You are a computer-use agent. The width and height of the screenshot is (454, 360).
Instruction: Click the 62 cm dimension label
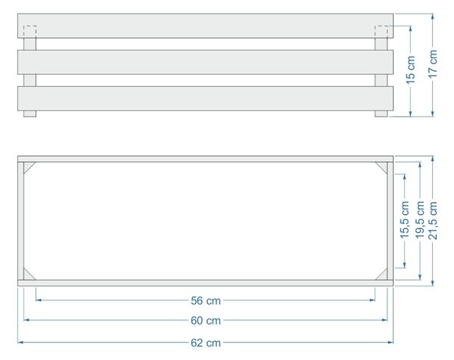point(206,343)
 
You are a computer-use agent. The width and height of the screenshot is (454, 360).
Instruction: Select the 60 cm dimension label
point(206,321)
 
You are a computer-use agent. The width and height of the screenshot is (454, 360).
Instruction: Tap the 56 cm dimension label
point(206,301)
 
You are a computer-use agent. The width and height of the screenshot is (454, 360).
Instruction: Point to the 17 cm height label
point(433,64)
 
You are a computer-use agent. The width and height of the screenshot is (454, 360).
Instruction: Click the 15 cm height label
point(411,70)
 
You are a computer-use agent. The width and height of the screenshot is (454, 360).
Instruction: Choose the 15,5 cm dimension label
point(405,220)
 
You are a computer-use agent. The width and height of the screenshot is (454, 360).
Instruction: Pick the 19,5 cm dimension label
point(420,220)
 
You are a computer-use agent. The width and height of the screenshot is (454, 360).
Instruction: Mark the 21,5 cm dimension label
point(433,220)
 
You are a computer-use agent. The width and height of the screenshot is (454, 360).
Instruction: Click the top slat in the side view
point(205,26)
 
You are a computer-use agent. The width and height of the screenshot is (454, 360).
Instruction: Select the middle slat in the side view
point(205,62)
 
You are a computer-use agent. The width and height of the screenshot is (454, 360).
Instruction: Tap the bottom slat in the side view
point(205,98)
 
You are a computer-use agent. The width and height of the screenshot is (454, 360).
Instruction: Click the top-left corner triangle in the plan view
point(28,166)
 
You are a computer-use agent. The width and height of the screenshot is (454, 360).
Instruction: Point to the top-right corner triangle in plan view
point(383,166)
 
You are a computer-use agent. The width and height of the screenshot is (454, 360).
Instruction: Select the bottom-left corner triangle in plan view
point(28,276)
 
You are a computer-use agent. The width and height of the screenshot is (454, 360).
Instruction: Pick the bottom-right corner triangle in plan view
point(383,276)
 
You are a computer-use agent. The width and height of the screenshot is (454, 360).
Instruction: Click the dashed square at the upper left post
point(30,32)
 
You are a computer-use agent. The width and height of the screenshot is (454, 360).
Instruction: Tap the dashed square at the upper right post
point(381,32)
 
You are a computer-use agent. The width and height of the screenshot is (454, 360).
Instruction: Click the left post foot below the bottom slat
point(30,113)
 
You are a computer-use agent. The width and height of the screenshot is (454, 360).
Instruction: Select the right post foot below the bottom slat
point(381,113)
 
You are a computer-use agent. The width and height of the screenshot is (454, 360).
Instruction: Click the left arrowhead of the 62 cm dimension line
point(20,343)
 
